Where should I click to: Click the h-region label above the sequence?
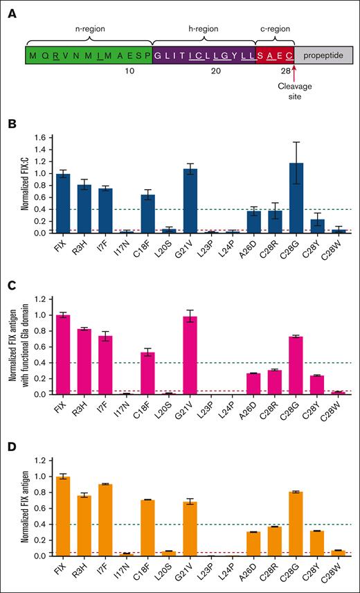[204, 29]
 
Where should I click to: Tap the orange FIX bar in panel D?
[63, 516]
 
